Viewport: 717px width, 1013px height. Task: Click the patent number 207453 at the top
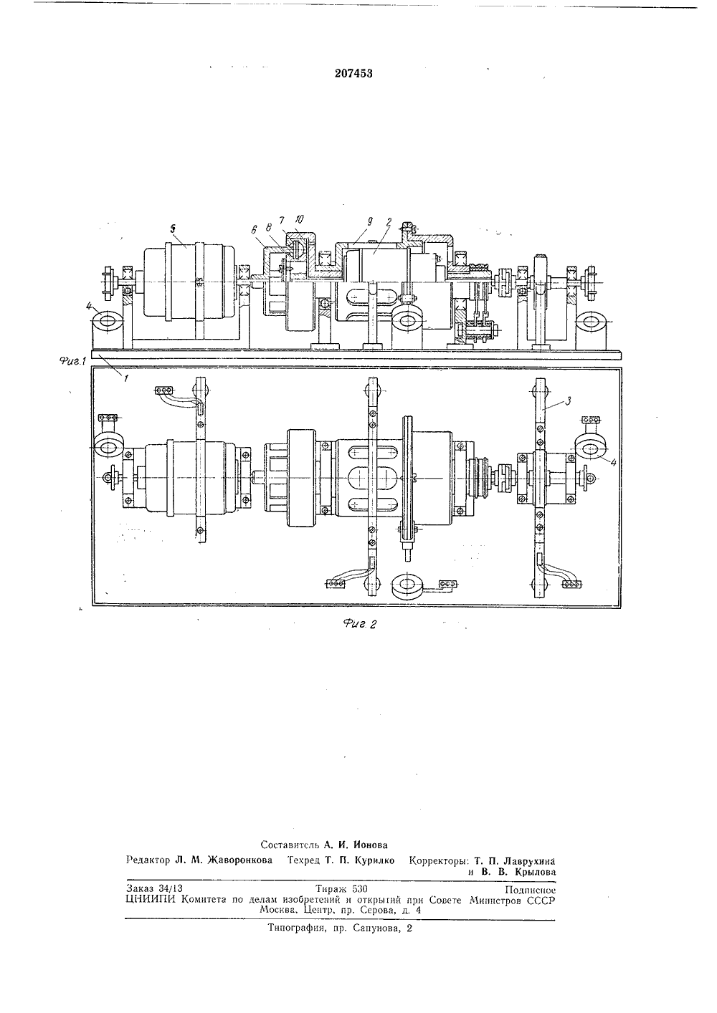[x=353, y=73]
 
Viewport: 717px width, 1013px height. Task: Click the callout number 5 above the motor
[x=173, y=230]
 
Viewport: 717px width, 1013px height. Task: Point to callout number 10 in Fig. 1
[x=299, y=220]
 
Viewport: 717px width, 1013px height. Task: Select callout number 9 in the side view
[x=370, y=221]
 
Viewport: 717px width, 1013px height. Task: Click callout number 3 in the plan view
[x=569, y=400]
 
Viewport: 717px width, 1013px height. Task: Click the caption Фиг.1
[x=72, y=361]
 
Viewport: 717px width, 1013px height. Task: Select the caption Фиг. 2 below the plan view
[x=360, y=624]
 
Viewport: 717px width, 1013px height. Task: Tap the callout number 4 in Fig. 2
[x=613, y=463]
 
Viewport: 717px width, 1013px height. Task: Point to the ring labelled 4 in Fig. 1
[x=108, y=320]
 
